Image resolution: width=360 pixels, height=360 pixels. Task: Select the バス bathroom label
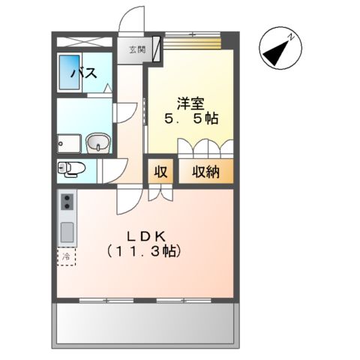82,73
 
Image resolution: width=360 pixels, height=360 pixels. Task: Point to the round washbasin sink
97,142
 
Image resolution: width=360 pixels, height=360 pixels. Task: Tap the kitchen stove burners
67,202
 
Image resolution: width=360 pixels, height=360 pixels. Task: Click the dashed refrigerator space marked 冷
67,256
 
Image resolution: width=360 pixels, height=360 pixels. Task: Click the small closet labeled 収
160,172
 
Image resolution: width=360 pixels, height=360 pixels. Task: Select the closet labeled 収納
204,172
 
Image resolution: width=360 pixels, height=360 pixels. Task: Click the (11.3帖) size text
144,252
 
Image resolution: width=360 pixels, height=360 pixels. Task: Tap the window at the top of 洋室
192,39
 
